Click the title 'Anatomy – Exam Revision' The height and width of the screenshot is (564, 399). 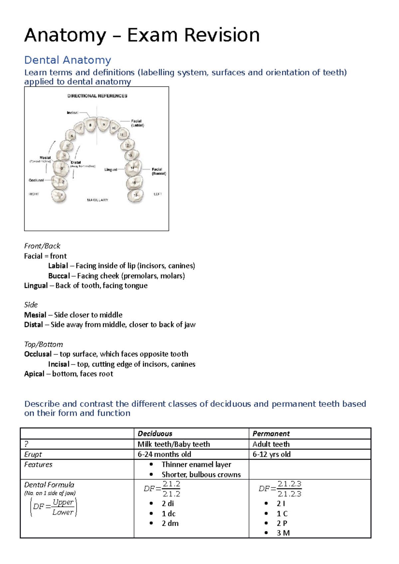142,35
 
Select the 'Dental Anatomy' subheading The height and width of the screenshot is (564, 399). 67,60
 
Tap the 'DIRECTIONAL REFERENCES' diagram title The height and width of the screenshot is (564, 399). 97,96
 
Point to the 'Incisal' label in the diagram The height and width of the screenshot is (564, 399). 72,113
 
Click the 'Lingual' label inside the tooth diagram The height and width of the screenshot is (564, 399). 111,169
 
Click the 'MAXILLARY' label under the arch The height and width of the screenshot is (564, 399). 97,200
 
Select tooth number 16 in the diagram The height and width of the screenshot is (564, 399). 135,195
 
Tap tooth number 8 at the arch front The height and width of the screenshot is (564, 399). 90,125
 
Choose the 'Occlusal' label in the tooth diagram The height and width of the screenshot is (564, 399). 36,180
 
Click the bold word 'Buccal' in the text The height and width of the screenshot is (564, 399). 59,276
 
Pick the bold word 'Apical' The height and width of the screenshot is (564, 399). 34,374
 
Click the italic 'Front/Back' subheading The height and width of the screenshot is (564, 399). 42,246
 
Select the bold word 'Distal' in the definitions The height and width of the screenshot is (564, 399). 33,325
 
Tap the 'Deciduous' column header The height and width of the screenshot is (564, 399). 155,433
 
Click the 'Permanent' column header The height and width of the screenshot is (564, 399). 271,433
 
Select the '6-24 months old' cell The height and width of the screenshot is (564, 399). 164,454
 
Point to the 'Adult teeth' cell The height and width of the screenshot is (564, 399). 271,444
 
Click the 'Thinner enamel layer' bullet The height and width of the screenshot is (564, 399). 196,464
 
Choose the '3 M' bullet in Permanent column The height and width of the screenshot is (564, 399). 283,533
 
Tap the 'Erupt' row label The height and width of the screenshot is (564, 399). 33,454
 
